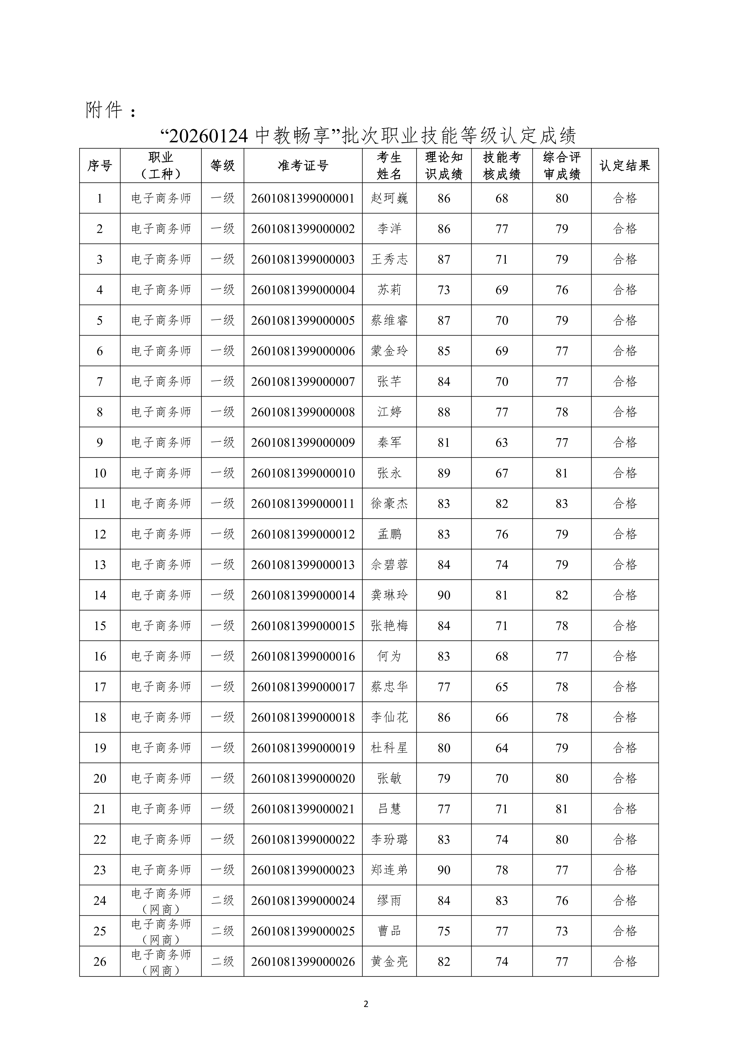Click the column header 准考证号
[x=303, y=166]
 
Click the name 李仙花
[x=389, y=717]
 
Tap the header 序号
[x=100, y=166]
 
